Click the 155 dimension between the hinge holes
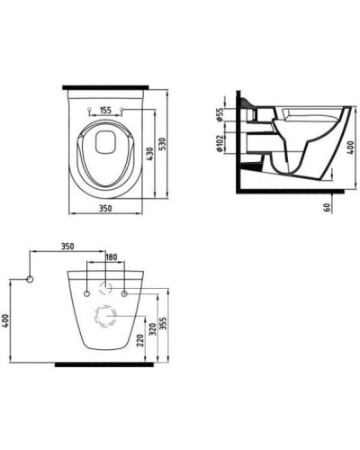pos(105,110)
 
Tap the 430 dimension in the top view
pos(150,154)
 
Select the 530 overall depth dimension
pos(162,144)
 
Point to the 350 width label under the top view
pos(105,208)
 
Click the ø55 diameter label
pos(220,115)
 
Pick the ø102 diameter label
pos(220,143)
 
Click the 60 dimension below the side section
pos(327,207)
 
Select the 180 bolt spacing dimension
pos(112,257)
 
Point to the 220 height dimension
pos(140,340)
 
